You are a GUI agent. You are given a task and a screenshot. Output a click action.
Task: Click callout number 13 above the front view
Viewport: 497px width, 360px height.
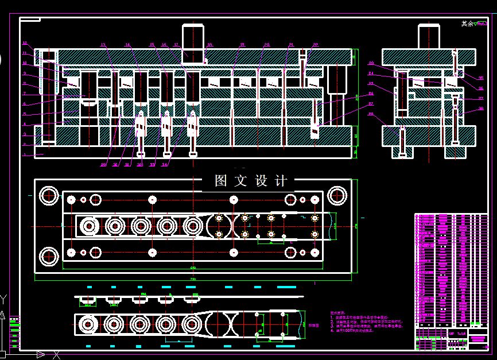[103, 45]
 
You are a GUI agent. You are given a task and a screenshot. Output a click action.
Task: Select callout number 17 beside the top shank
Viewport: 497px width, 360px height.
[176, 45]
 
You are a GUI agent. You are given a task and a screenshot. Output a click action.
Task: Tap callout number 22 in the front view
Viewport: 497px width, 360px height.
[315, 45]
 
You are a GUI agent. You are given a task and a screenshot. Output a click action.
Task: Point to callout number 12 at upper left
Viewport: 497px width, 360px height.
[24, 43]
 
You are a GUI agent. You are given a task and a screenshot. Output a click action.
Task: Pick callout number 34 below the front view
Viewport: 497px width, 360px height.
[165, 165]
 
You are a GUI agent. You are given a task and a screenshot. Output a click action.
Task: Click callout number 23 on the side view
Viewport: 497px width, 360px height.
[371, 63]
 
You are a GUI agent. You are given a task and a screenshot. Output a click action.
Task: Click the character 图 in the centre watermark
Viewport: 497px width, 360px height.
[221, 181]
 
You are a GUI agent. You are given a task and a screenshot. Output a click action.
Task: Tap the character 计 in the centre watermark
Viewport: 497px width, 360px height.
[281, 181]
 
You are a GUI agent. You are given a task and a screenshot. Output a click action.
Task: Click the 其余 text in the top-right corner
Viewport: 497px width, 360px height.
[468, 24]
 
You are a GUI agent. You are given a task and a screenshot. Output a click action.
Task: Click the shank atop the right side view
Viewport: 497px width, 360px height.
[428, 36]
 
